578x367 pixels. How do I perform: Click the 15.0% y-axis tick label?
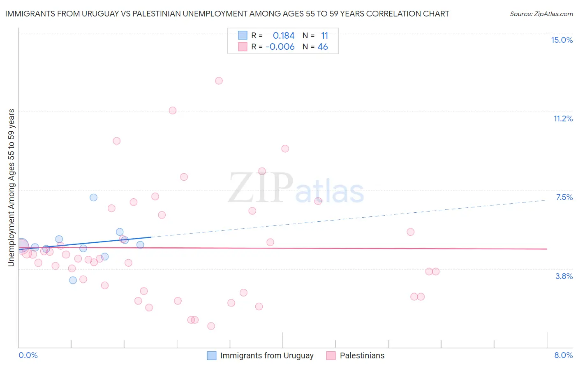[562, 40]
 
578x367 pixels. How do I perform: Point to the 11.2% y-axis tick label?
[563, 118]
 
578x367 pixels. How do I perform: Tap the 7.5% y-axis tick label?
[564, 197]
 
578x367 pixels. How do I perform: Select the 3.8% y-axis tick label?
[564, 276]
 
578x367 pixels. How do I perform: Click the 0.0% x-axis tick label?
[28, 355]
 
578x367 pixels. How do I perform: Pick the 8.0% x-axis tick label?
[563, 355]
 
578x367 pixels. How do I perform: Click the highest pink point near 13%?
[219, 81]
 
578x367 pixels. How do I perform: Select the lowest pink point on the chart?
[211, 326]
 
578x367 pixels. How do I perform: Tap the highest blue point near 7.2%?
[93, 197]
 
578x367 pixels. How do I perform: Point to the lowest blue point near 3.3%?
[73, 280]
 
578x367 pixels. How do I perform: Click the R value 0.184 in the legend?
[284, 36]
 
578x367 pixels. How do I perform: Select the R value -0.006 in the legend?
[280, 47]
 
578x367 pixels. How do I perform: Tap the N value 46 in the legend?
[323, 47]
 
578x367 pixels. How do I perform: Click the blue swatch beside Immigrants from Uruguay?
[212, 355]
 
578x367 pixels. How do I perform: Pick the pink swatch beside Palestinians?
[331, 355]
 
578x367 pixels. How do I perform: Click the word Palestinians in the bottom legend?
[362, 355]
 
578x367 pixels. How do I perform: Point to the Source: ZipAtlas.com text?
[541, 14]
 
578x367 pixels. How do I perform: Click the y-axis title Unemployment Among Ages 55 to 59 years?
[11, 188]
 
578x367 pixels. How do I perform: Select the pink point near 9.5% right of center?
[285, 149]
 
